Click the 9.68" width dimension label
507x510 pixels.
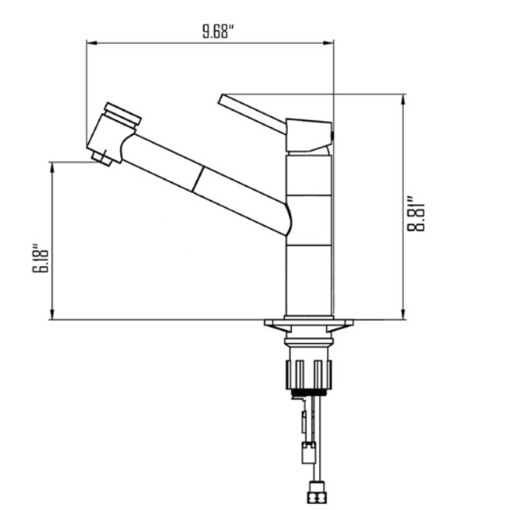pos(218,31)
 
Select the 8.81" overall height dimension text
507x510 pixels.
pos(416,216)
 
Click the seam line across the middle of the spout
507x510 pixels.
pos(198,181)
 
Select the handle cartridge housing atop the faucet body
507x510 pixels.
pos(308,135)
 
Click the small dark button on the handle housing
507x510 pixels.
pos(332,135)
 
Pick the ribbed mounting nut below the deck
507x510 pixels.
pos(309,373)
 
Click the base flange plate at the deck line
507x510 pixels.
pos(309,323)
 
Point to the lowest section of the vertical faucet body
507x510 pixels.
pos(309,280)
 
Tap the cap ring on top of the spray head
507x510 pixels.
pos(123,113)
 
